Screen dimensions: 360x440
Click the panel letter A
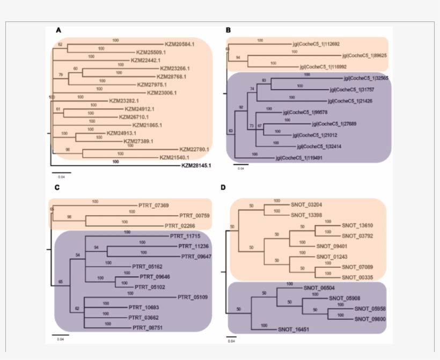tap(58, 30)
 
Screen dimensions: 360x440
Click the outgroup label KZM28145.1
tap(196, 165)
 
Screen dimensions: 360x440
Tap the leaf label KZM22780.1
tap(194, 149)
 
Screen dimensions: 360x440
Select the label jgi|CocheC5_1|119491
tap(296, 158)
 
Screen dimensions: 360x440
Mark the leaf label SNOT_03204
tap(306, 204)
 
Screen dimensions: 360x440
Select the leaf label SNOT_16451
tap(294, 329)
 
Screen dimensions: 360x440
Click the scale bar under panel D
tap(232, 337)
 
